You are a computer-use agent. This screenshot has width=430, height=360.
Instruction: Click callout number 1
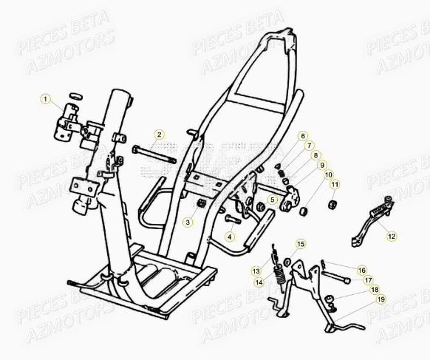(x=44, y=99)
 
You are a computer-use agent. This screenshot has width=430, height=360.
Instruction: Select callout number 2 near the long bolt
(x=158, y=135)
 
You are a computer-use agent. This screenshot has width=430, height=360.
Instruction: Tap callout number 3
(x=188, y=222)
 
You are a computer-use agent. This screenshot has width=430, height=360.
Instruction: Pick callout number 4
(x=230, y=237)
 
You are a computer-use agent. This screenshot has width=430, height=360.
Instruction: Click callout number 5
(x=273, y=200)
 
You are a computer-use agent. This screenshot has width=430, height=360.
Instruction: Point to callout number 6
(x=302, y=137)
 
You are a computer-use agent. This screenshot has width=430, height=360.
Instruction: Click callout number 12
(x=391, y=237)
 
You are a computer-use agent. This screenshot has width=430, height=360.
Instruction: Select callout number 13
(x=255, y=271)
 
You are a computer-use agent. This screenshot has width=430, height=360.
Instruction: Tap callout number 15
(x=300, y=243)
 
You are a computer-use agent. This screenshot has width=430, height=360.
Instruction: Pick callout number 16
(x=362, y=271)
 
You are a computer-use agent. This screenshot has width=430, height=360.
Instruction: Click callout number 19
(x=381, y=299)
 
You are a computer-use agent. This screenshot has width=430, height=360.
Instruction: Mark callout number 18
(x=375, y=290)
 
